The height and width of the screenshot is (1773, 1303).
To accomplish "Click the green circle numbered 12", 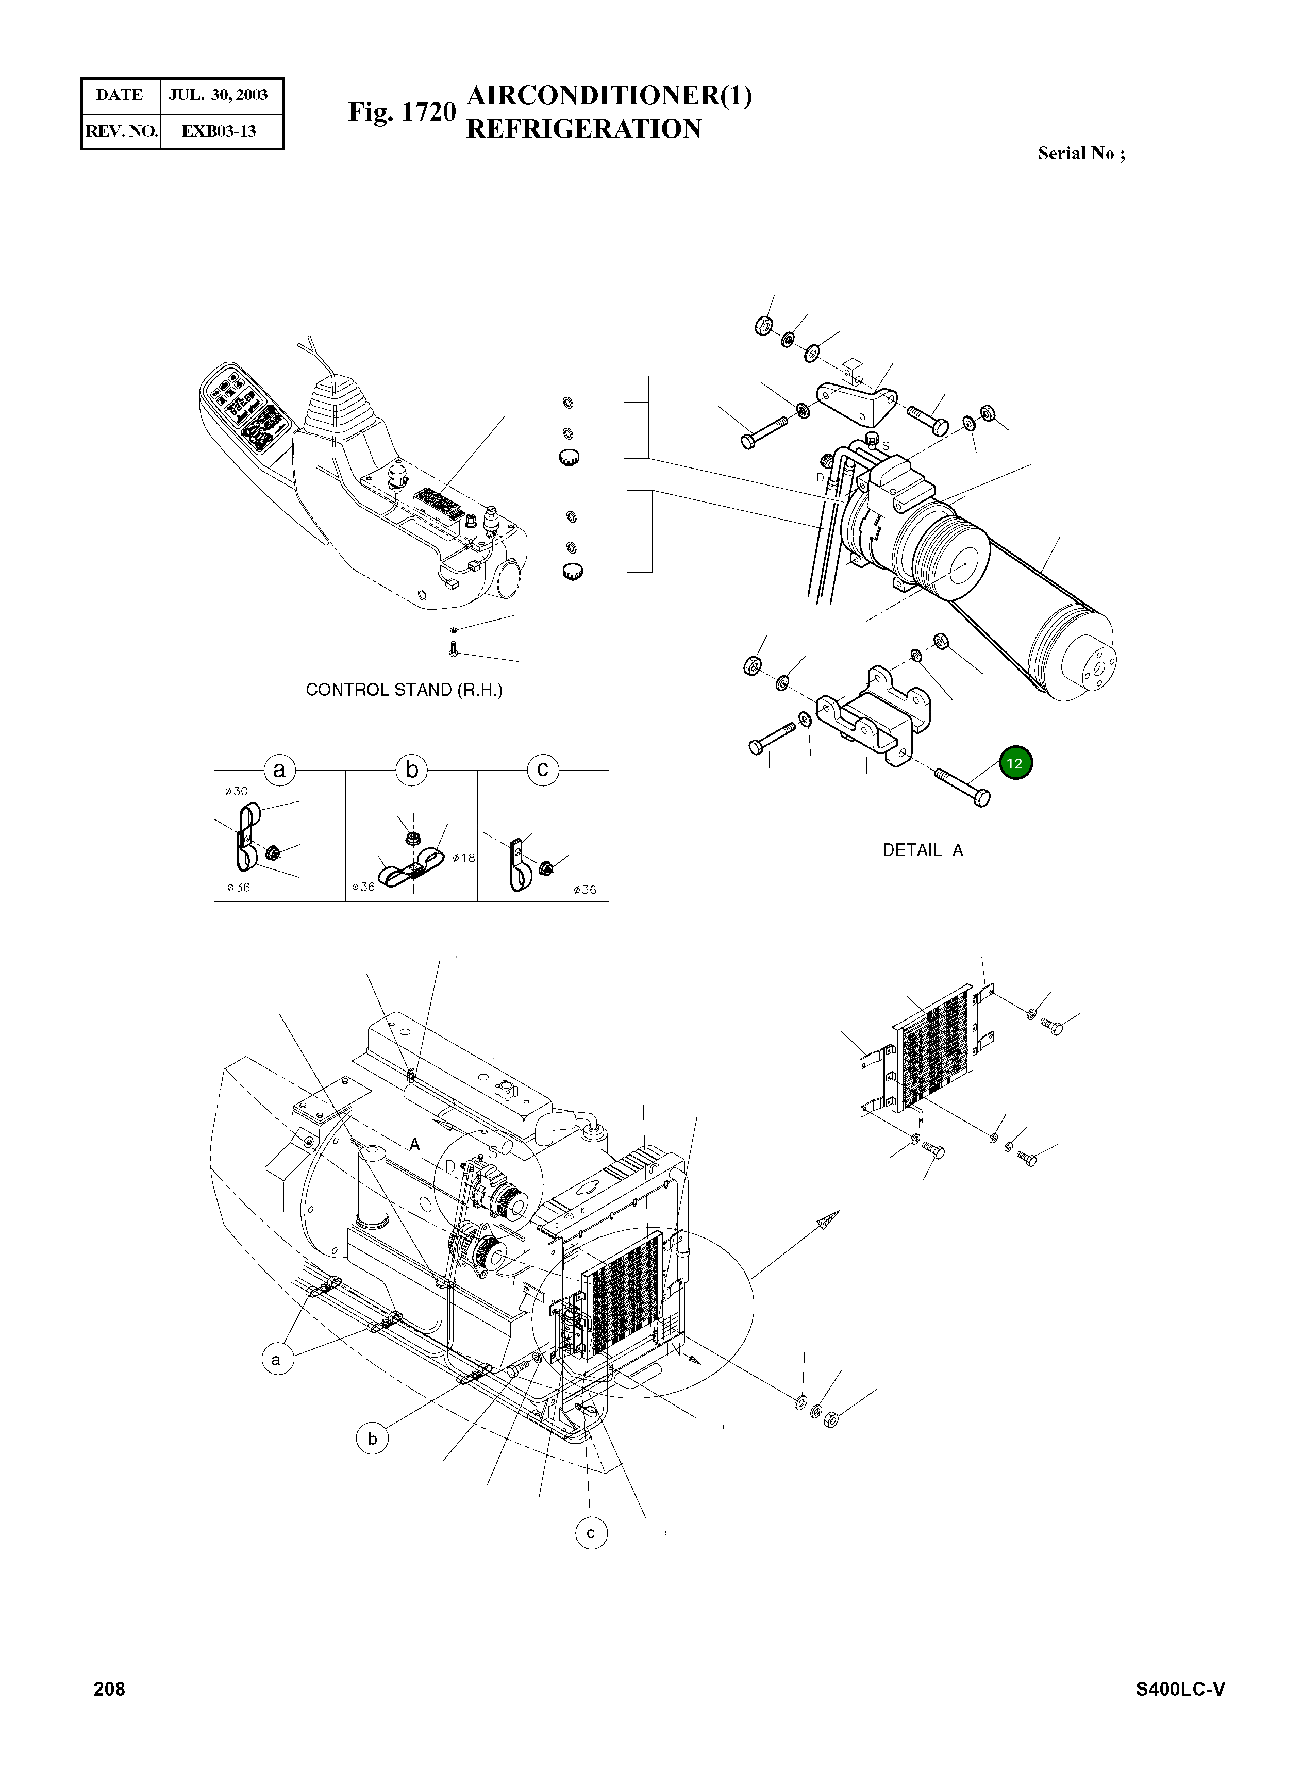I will [x=1014, y=763].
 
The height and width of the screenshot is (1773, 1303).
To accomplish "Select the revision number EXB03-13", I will [x=219, y=131].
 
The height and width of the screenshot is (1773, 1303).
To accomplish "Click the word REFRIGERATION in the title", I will [x=583, y=128].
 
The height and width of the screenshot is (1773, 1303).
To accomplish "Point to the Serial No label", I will [x=1080, y=154].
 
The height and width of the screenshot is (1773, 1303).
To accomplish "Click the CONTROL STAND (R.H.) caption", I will [x=404, y=690].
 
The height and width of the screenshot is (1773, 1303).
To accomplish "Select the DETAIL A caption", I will [x=922, y=850].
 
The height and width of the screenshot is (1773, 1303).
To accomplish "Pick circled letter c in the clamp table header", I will [x=543, y=770].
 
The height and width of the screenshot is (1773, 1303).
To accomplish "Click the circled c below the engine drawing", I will [x=591, y=1534].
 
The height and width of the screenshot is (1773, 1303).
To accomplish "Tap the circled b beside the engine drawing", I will [x=372, y=1439].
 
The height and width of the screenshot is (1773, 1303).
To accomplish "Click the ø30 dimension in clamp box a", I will [x=236, y=791].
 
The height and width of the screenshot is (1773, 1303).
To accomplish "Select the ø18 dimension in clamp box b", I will [x=464, y=857].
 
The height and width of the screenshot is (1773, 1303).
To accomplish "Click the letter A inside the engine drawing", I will [x=413, y=1146].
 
